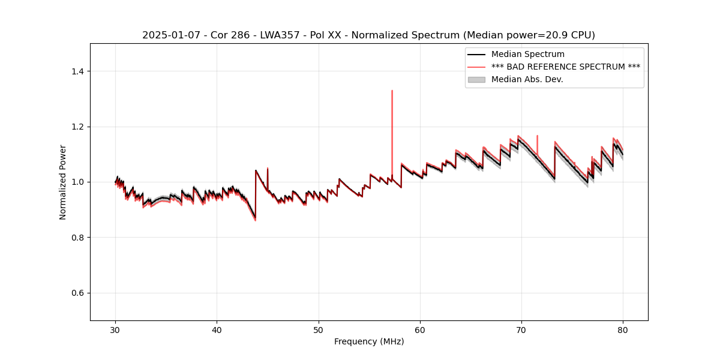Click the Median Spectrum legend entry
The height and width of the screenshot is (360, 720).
pos(527,54)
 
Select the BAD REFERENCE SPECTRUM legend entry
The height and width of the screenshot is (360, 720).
pos(565,67)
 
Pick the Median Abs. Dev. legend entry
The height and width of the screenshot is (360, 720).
pos(527,79)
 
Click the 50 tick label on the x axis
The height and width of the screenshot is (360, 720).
pos(319,330)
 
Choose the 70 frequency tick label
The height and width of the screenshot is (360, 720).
pos(521,330)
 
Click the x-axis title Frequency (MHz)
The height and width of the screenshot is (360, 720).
pos(369,341)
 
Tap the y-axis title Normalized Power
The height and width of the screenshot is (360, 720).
pos(63,182)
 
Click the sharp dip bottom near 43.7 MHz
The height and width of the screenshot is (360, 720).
pos(256,220)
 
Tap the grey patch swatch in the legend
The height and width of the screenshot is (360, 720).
pos(476,79)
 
